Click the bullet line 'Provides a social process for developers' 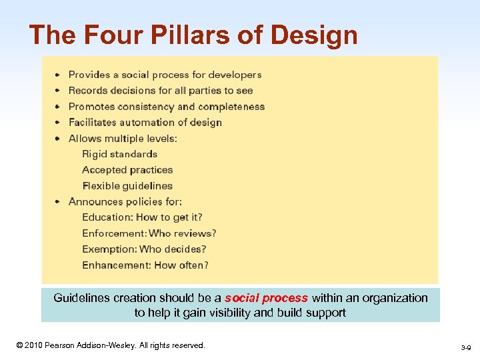pyautogui.click(x=165, y=75)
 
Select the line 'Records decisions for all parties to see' pyautogui.click(x=161, y=91)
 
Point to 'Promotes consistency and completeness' pyautogui.click(x=167, y=107)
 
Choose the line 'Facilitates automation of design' pyautogui.click(x=145, y=123)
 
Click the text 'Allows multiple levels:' pyautogui.click(x=123, y=139)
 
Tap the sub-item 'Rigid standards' pyautogui.click(x=119, y=154)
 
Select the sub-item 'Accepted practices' pyautogui.click(x=127, y=170)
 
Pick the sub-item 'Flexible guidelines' pyautogui.click(x=127, y=186)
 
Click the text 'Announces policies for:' pyautogui.click(x=125, y=201)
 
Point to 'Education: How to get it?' pyautogui.click(x=142, y=217)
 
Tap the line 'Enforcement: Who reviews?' pyautogui.click(x=149, y=233)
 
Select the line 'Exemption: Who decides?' pyautogui.click(x=144, y=249)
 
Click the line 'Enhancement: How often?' pyautogui.click(x=145, y=265)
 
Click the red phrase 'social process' pyautogui.click(x=267, y=298)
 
